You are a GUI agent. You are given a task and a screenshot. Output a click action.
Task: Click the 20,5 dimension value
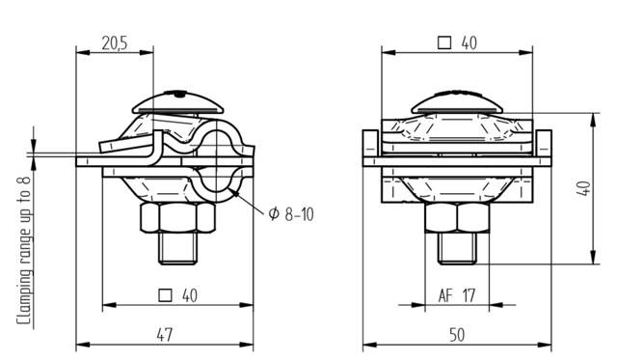pos(114,42)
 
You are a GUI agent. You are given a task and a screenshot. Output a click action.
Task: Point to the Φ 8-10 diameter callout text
pos(290,212)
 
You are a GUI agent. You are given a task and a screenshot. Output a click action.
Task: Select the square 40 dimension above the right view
pos(457,42)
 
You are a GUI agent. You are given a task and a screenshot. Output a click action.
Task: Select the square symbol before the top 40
pos(443,42)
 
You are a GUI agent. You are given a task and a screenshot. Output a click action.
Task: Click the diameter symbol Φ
pos(273,212)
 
